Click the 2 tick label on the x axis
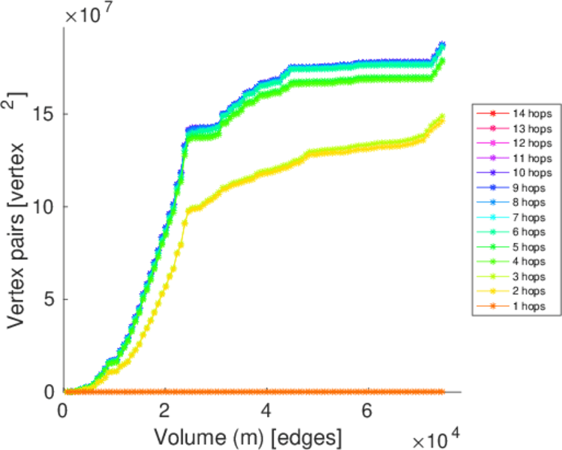click(x=164, y=411)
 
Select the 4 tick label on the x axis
click(x=266, y=411)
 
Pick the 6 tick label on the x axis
click(x=367, y=411)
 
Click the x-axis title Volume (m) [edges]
click(x=249, y=436)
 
